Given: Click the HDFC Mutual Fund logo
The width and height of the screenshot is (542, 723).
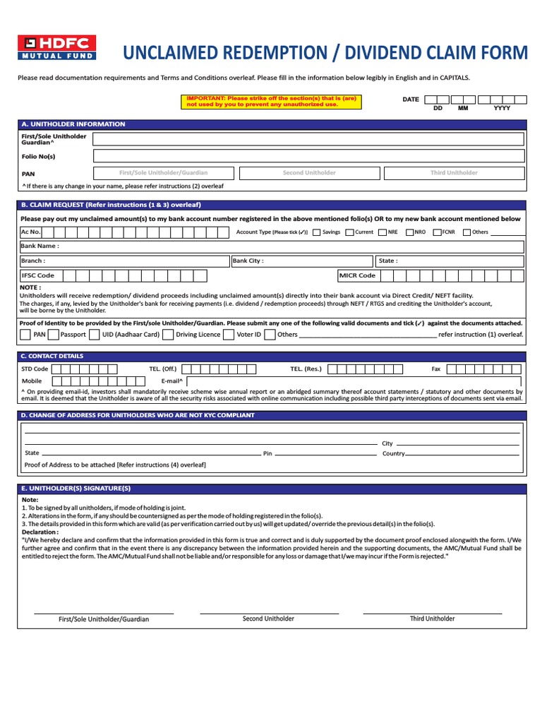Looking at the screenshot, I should [56, 47].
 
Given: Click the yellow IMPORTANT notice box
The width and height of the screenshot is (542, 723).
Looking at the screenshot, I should [272, 101].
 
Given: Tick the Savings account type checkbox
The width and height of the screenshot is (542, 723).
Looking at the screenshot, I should [316, 232].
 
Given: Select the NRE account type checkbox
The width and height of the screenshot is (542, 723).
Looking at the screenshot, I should [382, 232].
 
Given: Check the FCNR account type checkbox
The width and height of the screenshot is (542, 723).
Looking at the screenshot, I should [436, 232].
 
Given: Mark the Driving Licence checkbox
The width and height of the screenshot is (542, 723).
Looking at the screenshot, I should [167, 335].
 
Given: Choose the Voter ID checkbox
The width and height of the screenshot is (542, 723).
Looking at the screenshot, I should [228, 335].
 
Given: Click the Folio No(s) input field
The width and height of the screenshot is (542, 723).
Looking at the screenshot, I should [308, 155].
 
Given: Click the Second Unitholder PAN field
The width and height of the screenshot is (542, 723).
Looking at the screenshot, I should [309, 173].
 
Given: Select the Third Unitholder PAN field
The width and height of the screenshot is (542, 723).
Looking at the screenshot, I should [454, 173].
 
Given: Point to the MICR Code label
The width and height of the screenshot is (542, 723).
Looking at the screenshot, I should [357, 275].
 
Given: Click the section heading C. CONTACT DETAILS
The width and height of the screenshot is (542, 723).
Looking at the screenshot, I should [53, 357].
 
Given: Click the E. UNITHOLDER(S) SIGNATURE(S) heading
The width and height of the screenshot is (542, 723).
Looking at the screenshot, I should [76, 489].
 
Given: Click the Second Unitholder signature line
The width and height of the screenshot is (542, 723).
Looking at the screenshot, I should [269, 613].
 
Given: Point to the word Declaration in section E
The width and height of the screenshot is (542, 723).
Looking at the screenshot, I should [40, 532].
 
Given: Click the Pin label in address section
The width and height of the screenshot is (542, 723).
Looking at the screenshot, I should [267, 453].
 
